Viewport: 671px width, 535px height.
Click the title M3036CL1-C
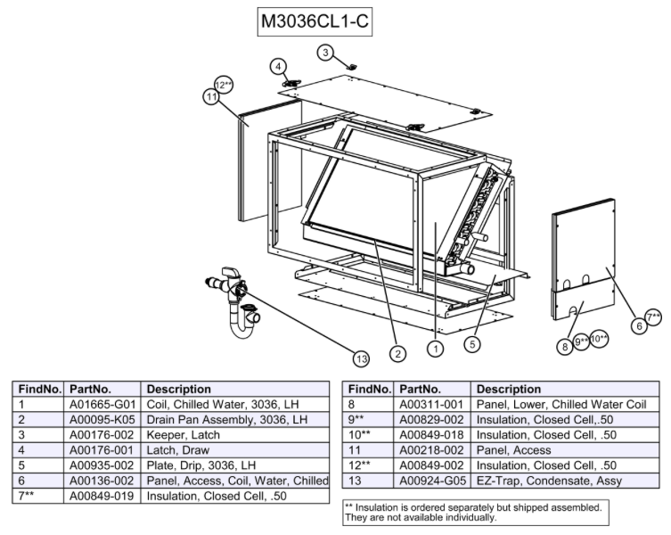[x=312, y=23]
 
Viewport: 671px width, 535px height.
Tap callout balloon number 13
[x=360, y=358]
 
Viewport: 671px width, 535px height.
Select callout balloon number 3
[x=327, y=53]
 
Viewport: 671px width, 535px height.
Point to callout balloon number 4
[x=279, y=67]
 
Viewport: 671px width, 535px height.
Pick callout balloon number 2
[x=397, y=354]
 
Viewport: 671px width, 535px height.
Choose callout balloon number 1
[x=435, y=350]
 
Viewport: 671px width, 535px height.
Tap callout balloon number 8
[x=565, y=346]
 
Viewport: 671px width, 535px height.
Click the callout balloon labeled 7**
[x=653, y=317]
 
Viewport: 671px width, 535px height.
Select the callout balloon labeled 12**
[x=224, y=86]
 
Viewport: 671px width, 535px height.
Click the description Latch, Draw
[x=178, y=450]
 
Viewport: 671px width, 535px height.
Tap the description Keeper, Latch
[x=184, y=435]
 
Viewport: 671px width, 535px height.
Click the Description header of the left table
[x=178, y=389]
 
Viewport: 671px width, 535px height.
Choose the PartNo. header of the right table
[x=422, y=389]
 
